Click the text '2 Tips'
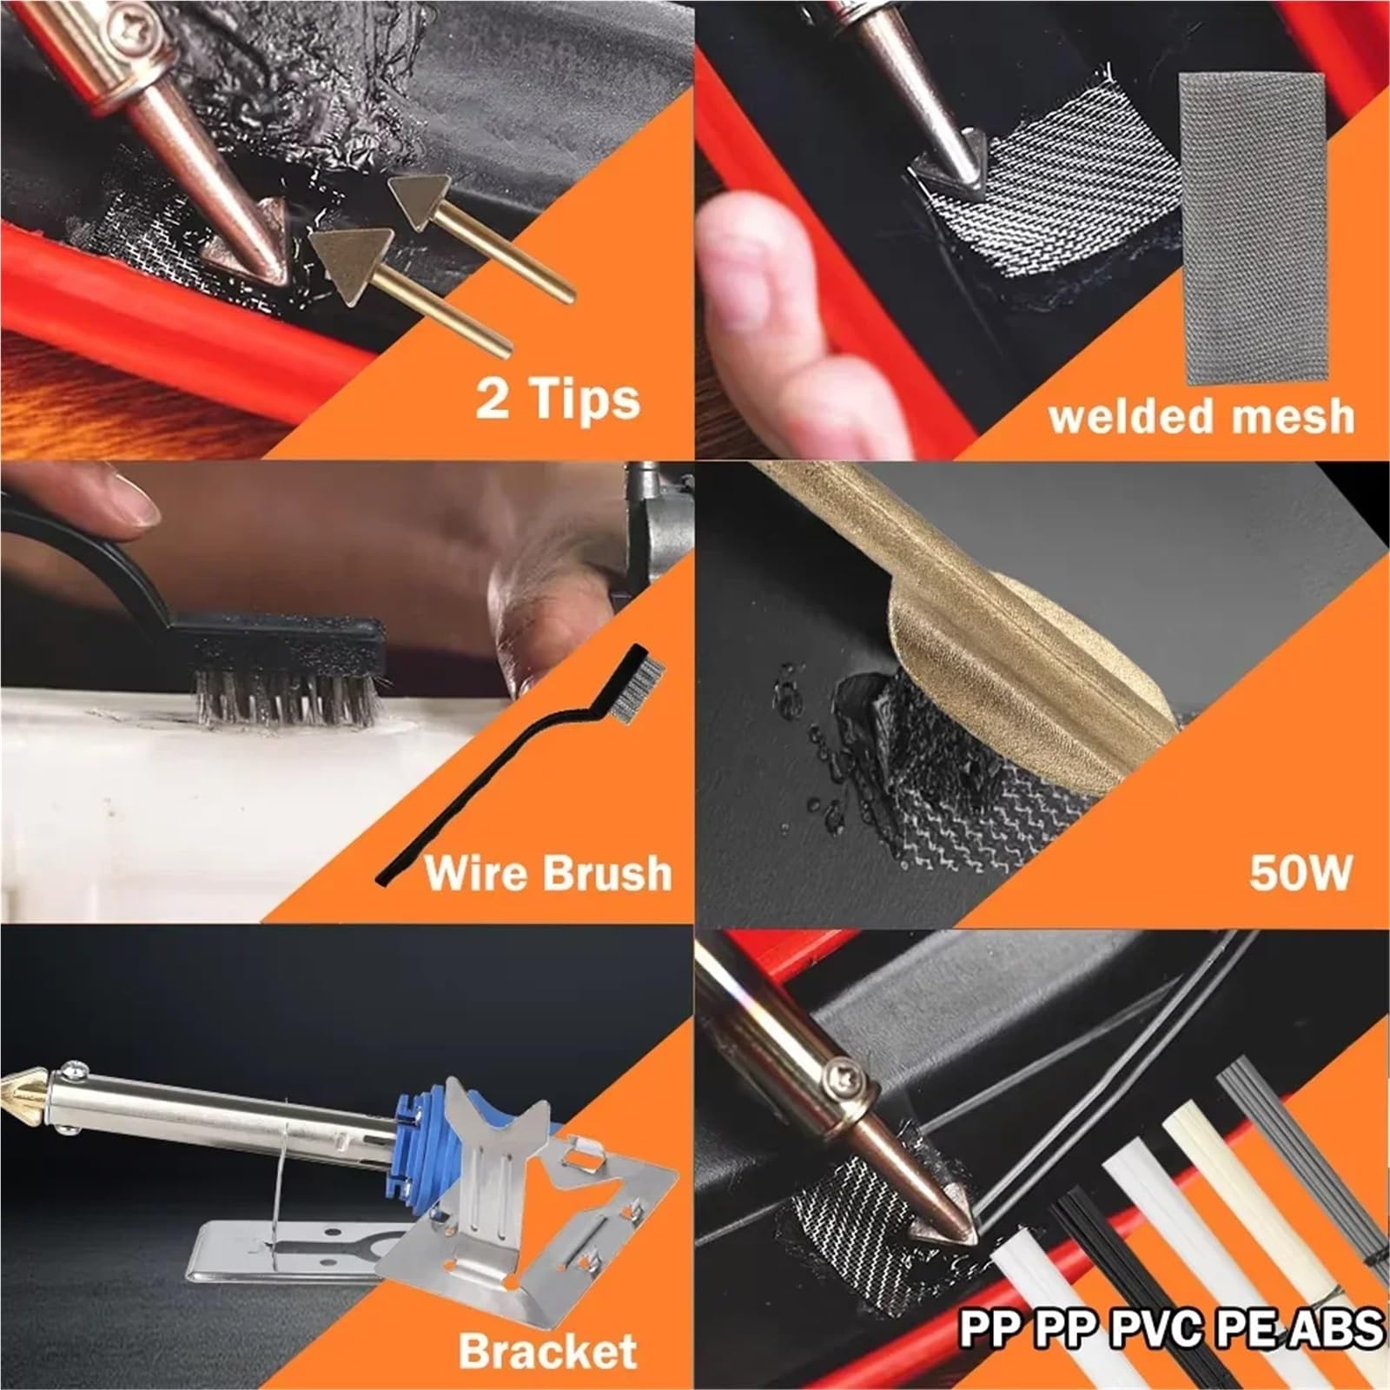558,400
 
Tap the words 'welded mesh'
1201,415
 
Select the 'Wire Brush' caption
548,872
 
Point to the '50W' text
1300,871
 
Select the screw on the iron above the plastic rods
844,1080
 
